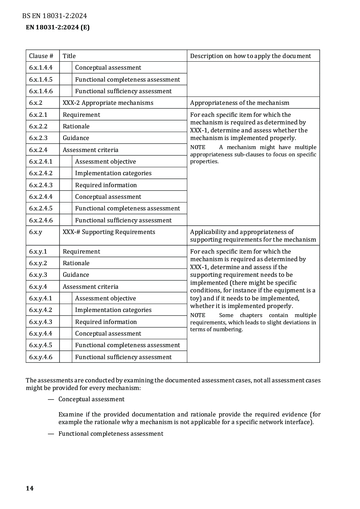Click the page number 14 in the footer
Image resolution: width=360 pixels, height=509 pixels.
point(30,488)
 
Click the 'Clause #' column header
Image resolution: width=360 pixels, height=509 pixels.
point(41,56)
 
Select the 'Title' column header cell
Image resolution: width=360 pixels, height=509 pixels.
point(69,56)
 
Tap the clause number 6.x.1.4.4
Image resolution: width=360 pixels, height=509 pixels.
point(41,67)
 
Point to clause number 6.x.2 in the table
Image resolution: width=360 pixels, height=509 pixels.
point(36,103)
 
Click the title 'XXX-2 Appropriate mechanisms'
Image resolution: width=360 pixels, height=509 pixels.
point(108,103)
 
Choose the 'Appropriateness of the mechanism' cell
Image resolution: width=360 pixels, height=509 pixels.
point(240,103)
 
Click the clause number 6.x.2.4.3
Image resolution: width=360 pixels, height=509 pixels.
point(41,185)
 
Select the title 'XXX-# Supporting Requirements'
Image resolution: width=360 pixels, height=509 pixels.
point(109,232)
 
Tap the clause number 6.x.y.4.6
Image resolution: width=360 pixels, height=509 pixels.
point(41,357)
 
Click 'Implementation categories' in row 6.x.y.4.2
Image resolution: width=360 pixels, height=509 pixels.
point(113,310)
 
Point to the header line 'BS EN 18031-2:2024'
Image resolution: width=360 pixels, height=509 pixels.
point(54,16)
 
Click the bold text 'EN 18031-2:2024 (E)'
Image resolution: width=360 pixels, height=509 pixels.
point(58,27)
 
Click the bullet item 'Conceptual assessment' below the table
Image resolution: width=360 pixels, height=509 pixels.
point(91,399)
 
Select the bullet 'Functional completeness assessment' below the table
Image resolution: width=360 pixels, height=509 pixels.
point(111,434)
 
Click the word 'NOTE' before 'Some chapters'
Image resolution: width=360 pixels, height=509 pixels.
point(198,315)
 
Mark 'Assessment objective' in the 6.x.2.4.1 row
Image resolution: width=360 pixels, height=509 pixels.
point(105,161)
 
